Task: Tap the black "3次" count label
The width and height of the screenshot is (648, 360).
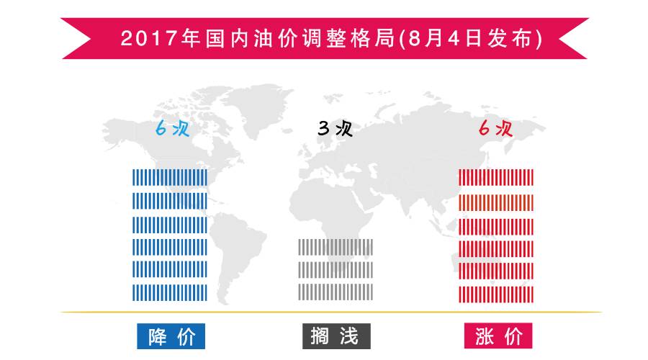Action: coord(335,130)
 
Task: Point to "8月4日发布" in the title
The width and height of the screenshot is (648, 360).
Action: coord(471,37)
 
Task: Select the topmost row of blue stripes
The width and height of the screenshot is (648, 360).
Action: coord(170,177)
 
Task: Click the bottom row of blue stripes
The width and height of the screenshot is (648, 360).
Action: coord(170,292)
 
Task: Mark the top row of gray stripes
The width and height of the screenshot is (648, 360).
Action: coord(336,247)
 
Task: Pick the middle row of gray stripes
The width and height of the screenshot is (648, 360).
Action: coord(336,269)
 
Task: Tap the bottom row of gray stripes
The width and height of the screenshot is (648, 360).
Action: coord(336,292)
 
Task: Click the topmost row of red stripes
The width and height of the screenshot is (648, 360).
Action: coord(497,177)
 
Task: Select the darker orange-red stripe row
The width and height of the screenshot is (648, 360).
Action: coord(497,200)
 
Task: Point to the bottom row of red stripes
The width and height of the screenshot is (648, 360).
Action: coord(497,292)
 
